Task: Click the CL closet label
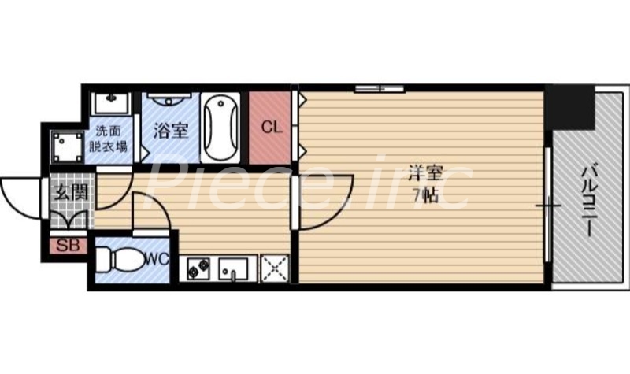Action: click(269, 126)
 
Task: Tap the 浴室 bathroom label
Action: click(170, 128)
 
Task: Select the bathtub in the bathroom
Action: click(220, 128)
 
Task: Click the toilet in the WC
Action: click(119, 259)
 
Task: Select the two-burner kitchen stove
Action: click(197, 269)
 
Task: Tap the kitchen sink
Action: click(233, 269)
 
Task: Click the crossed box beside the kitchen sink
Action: click(275, 269)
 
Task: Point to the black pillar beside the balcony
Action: click(571, 106)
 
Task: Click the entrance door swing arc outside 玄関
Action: click(19, 197)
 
